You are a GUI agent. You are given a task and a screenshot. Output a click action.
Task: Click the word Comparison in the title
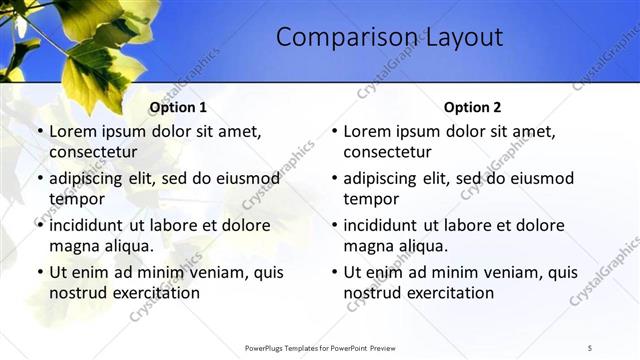[x=335, y=38]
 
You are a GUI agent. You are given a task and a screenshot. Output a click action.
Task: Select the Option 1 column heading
[x=178, y=108]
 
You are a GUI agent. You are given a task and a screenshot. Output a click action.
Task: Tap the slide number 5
[x=590, y=347]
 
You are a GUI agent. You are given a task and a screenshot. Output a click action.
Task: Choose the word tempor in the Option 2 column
[x=371, y=199]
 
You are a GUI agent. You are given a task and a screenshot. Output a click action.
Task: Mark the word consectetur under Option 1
[x=93, y=152]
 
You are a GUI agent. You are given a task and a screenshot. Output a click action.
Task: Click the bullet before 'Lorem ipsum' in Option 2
[x=334, y=131]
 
